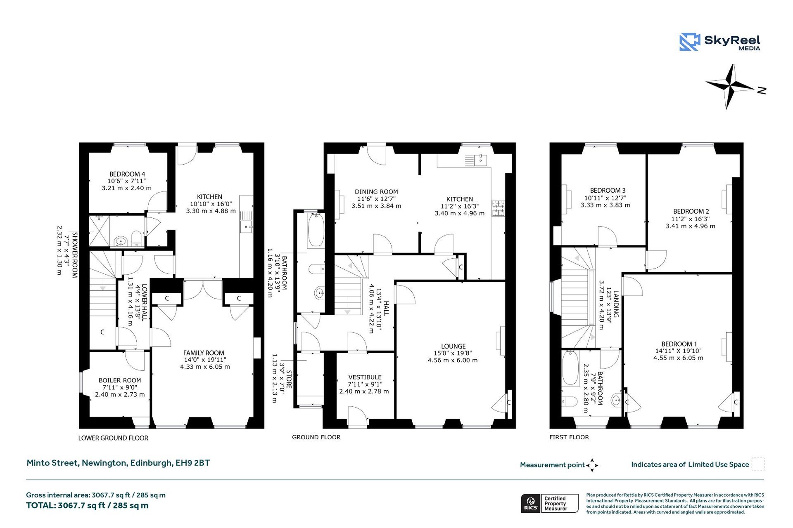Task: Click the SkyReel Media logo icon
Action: tap(689, 42)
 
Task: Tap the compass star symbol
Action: tap(729, 86)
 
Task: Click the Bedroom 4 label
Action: tap(127, 174)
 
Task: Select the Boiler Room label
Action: tap(120, 380)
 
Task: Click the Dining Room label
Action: tap(376, 192)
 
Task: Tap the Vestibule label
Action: tap(365, 377)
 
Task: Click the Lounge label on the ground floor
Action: tap(453, 346)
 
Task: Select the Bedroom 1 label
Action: tap(679, 344)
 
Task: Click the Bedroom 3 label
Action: tap(608, 191)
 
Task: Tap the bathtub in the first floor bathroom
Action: tap(570, 368)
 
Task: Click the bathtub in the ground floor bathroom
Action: tap(316, 230)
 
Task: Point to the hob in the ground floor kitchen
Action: tap(498, 208)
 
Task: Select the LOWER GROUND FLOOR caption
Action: tap(113, 438)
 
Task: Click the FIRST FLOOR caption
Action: tap(569, 437)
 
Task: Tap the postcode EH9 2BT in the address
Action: tap(192, 463)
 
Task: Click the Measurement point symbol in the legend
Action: tap(592, 465)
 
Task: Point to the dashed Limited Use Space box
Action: tap(757, 464)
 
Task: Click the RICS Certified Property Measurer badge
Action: tap(549, 503)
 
